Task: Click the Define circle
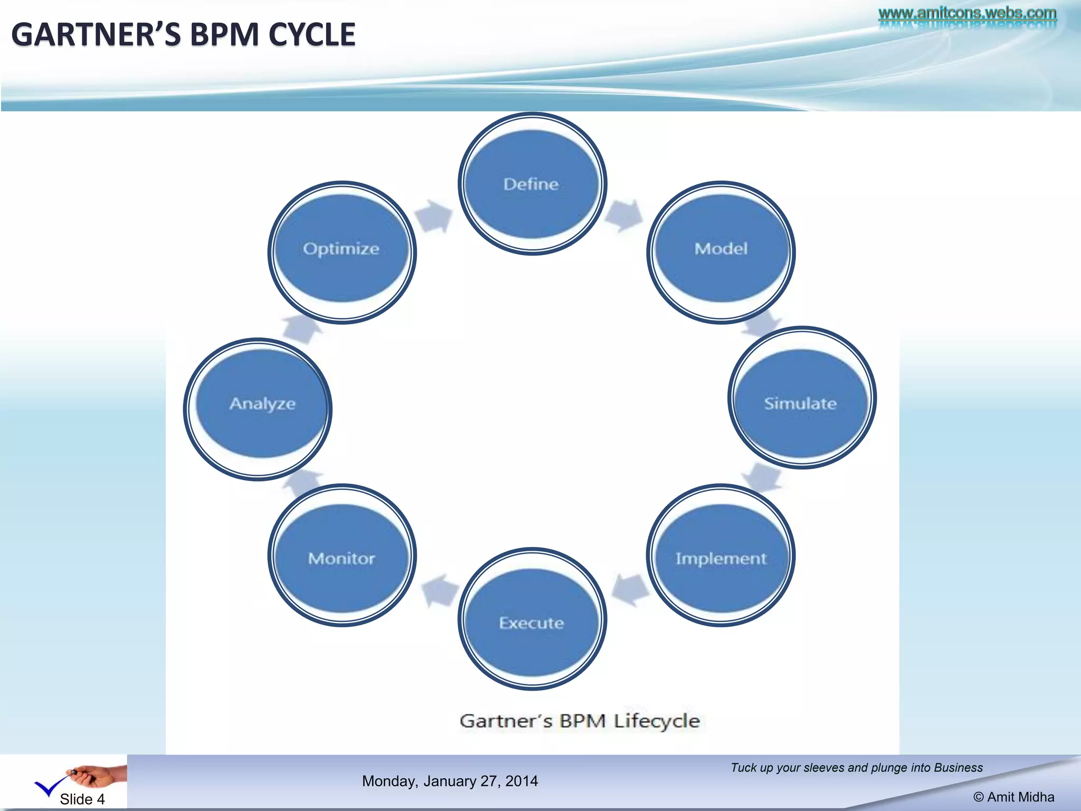(532, 184)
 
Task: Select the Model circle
(721, 249)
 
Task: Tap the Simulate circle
(801, 403)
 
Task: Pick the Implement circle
(721, 558)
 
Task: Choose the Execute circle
(532, 622)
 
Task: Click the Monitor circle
(342, 558)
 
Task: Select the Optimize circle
(342, 249)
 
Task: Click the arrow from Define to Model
(625, 215)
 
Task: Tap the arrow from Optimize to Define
(435, 215)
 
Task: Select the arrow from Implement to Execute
(630, 589)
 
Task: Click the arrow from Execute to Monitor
(439, 590)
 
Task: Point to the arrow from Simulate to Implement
(762, 477)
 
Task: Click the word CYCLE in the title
(311, 35)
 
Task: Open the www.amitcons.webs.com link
(967, 13)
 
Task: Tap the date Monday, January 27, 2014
(450, 781)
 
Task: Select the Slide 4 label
(82, 799)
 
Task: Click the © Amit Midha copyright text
(1013, 797)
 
